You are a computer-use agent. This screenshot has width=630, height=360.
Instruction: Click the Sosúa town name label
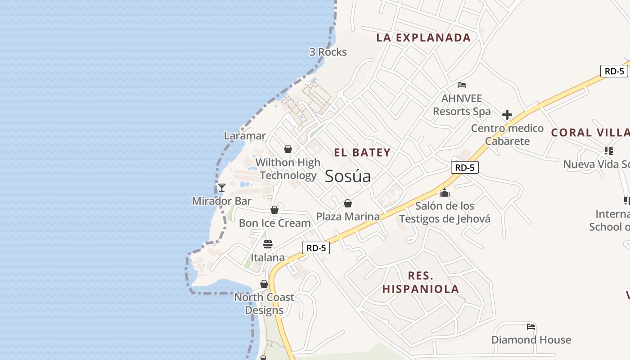click(x=348, y=176)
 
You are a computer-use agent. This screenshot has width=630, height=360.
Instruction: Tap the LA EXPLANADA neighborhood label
click(x=423, y=38)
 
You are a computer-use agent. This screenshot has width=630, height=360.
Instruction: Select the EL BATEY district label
click(x=362, y=153)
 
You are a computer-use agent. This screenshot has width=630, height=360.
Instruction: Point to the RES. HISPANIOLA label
click(x=421, y=282)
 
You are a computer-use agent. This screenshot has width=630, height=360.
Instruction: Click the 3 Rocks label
click(x=328, y=52)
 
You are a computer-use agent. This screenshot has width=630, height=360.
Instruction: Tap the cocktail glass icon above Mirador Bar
click(x=221, y=188)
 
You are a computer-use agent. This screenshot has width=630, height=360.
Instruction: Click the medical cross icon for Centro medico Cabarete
click(x=507, y=115)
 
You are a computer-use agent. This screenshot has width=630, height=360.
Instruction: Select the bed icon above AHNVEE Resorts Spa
click(x=462, y=85)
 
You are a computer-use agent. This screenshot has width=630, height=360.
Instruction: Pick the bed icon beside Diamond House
click(x=531, y=327)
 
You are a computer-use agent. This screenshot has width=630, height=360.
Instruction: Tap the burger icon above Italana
click(x=268, y=244)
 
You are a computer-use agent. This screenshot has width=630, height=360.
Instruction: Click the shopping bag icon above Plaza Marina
click(x=348, y=203)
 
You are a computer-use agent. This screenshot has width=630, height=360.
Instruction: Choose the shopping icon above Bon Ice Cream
click(x=274, y=210)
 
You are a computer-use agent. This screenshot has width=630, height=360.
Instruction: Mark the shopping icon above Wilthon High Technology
click(x=288, y=149)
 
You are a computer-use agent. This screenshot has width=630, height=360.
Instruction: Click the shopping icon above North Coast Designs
click(x=264, y=284)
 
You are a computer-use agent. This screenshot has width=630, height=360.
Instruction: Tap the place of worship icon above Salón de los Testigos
click(x=445, y=193)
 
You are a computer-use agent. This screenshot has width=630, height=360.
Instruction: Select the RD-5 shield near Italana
click(x=316, y=247)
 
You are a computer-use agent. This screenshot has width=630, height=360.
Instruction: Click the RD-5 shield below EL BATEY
click(x=464, y=167)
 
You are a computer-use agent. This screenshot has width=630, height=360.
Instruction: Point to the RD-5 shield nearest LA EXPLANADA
click(x=614, y=71)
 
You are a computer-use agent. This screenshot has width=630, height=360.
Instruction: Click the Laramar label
click(x=245, y=135)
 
